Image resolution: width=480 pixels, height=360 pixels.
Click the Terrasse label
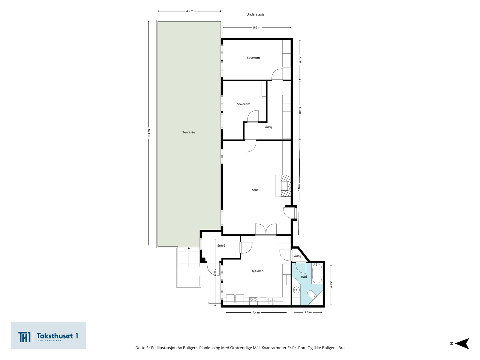(188, 132)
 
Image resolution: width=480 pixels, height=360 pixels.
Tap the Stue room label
(255, 190)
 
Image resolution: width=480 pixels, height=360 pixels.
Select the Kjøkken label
(258, 271)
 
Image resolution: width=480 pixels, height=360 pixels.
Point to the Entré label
(221, 245)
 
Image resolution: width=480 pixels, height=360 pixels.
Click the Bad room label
(304, 277)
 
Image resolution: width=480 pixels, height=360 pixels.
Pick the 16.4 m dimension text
(149, 133)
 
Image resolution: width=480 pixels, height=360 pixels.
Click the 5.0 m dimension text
(257, 28)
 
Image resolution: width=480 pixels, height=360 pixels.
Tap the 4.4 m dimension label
(256, 313)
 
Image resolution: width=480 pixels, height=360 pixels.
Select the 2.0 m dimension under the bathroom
(308, 312)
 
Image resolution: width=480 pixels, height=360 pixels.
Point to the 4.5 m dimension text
(190, 11)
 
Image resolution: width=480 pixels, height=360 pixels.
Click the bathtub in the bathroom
(317, 273)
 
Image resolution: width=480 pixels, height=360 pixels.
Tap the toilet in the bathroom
(312, 294)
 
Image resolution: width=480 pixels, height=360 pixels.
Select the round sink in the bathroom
(296, 290)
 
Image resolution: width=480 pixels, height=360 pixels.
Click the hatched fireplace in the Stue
(285, 186)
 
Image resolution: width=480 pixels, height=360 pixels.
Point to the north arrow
(462, 343)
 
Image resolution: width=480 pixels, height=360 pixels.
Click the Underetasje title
(255, 14)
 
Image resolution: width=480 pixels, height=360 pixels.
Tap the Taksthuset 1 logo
(48, 335)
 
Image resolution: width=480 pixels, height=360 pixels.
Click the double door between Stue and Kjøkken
(266, 230)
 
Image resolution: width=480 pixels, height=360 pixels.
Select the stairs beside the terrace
(188, 257)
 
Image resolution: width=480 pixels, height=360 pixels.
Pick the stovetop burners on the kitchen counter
(253, 299)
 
